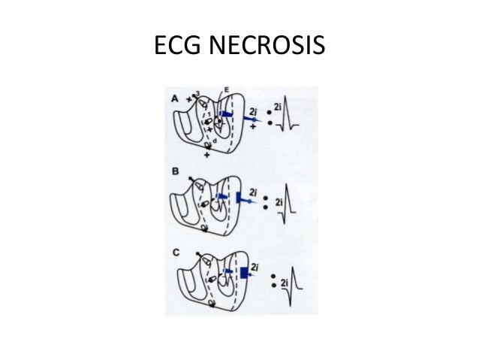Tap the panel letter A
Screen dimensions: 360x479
click(175, 97)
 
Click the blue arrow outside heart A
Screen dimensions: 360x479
click(254, 119)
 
